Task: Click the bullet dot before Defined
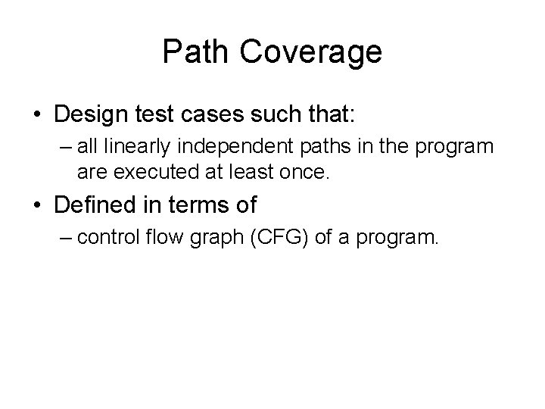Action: coord(36,205)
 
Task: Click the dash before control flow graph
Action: coord(64,239)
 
